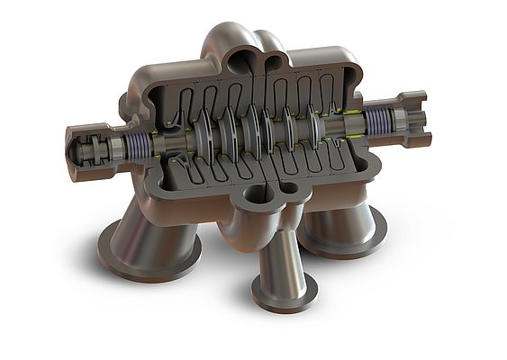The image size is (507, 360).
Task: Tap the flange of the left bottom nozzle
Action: coord(135,256)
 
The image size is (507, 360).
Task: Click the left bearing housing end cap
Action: coord(74,151)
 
